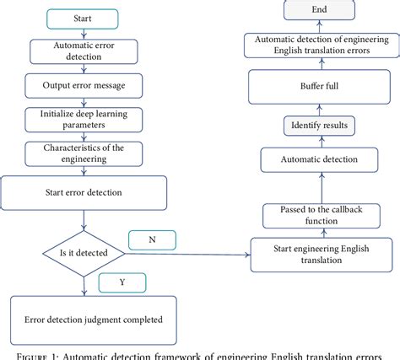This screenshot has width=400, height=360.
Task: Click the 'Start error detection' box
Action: (82, 191)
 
